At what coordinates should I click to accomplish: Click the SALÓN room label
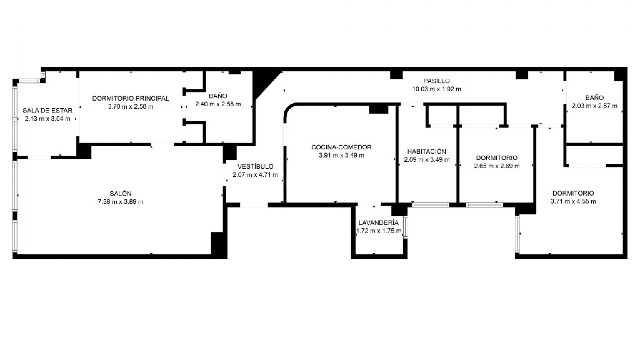coord(120,193)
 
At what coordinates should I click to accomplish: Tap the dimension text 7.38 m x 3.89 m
coord(120,202)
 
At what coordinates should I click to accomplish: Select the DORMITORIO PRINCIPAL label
coord(131,98)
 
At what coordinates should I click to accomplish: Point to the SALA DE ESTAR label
coord(47,110)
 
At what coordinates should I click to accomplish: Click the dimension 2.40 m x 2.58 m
coord(218,104)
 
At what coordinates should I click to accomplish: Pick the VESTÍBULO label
coord(255,166)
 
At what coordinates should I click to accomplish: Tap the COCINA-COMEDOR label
coord(341,147)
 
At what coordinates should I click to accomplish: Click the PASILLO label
coord(436,81)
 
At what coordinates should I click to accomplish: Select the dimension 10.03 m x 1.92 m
coord(436,89)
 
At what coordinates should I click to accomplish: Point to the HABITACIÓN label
coord(426,151)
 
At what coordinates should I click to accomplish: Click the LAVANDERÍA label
coord(378,223)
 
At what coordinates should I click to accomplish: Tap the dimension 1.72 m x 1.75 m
coord(378,231)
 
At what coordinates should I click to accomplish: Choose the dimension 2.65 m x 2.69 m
coord(497,166)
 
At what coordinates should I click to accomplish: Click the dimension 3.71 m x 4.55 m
coord(573,201)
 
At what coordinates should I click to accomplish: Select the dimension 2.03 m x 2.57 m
coord(594,106)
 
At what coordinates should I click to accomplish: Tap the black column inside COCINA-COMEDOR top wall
coord(378,109)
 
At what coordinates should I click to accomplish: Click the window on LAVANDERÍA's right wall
coord(405,227)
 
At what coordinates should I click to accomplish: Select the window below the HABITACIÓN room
coord(430,205)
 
